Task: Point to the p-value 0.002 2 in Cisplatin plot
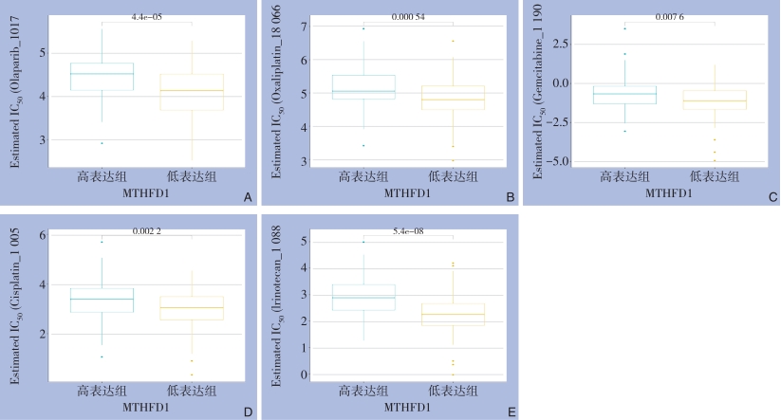click(x=146, y=231)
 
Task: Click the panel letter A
click(x=248, y=197)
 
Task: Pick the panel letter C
click(x=772, y=197)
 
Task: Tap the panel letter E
click(x=511, y=411)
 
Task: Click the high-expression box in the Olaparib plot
click(x=102, y=76)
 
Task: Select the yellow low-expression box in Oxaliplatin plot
click(x=454, y=98)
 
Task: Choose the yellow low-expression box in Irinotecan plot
click(x=454, y=315)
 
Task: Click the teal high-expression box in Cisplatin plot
click(x=102, y=300)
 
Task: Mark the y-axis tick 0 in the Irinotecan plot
click(x=306, y=374)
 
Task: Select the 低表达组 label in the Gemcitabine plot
click(x=715, y=176)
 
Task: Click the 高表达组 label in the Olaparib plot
click(x=102, y=176)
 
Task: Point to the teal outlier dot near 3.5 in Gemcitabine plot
click(x=624, y=28)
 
